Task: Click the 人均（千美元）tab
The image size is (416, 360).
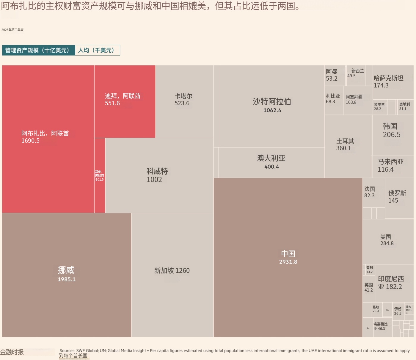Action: pos(97,50)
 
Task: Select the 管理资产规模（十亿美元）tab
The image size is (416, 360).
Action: pos(38,50)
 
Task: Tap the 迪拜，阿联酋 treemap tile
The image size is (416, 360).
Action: pos(125,101)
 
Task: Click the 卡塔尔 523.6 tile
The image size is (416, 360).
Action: pos(184,101)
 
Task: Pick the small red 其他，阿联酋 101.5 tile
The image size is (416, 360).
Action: pos(100,176)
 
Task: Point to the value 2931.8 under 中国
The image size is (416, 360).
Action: pos(288,262)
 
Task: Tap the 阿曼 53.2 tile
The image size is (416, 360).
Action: pos(334,75)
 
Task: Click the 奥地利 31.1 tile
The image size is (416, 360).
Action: pos(405,107)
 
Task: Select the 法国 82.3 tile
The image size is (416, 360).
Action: pos(373,192)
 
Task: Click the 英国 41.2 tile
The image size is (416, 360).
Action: pos(369,288)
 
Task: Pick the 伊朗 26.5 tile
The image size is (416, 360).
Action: pos(398,311)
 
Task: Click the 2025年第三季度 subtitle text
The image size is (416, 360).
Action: pos(12,30)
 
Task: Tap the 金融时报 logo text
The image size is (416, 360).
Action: pos(12,352)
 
